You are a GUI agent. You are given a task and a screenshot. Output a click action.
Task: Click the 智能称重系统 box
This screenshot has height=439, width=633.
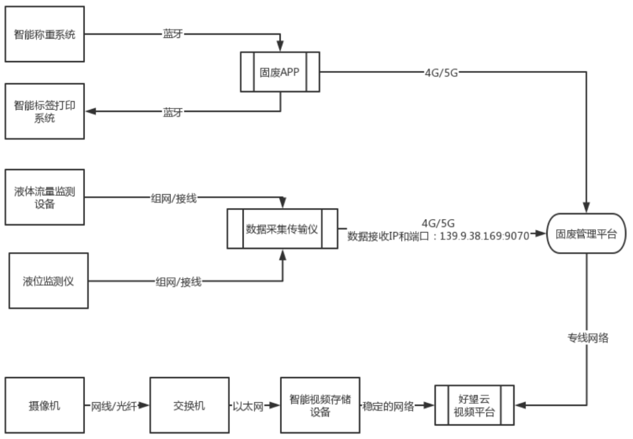(45, 33)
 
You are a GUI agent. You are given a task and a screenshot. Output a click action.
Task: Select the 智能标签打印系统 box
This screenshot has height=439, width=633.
(45, 110)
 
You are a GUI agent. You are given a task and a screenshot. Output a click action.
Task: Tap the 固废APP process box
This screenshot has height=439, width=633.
(280, 72)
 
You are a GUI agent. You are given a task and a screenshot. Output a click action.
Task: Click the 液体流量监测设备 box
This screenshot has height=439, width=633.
(45, 198)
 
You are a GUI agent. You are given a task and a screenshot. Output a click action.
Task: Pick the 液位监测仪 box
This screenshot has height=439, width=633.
(48, 280)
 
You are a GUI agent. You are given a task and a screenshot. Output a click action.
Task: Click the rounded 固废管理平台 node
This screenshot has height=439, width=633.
(586, 234)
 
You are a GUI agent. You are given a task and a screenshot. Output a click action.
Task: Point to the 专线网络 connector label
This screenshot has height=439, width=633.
(587, 338)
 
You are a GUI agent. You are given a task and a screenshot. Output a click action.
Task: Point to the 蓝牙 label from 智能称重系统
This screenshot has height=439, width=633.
(172, 34)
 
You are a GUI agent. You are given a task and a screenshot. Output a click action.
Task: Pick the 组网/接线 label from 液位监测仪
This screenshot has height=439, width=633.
(178, 282)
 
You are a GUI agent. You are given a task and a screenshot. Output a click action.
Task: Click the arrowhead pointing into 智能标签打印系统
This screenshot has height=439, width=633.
(90, 111)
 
